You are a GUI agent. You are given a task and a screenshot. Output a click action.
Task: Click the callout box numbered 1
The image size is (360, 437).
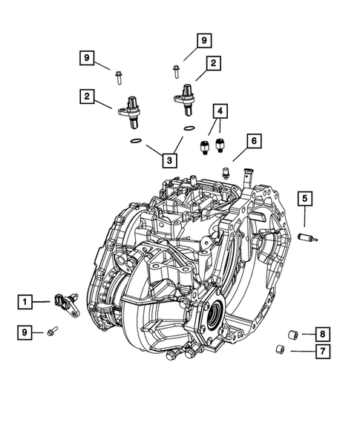pyautogui.click(x=26, y=301)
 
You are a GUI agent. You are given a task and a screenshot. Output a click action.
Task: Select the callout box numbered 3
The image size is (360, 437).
pyautogui.click(x=171, y=160)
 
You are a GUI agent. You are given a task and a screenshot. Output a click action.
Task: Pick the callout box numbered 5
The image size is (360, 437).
pyautogui.click(x=305, y=198)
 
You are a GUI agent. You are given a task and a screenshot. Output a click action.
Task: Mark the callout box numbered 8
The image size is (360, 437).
pyautogui.click(x=322, y=334)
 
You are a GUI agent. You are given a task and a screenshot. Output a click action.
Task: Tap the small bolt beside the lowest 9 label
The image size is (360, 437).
pyautogui.click(x=53, y=331)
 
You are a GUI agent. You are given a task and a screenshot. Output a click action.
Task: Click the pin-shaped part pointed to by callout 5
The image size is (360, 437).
pyautogui.click(x=304, y=238)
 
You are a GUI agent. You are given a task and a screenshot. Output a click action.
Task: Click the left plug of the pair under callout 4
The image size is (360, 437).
pyautogui.click(x=203, y=143)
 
